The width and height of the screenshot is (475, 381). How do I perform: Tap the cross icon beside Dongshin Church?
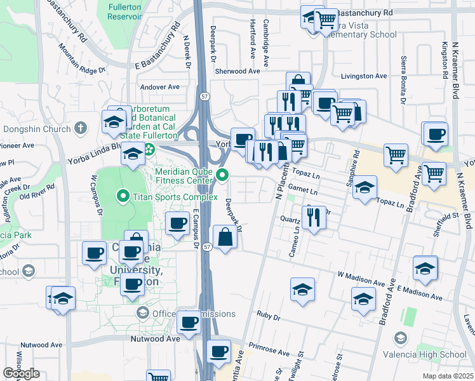point(79,128)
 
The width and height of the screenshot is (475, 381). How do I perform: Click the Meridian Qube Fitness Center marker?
point(222,175)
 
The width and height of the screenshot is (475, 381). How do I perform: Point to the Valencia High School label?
point(439,354)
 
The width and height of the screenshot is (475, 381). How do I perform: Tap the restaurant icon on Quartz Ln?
point(314,218)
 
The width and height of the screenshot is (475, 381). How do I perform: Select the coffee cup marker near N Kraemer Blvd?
point(436,135)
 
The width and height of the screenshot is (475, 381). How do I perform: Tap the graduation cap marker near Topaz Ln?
point(365,187)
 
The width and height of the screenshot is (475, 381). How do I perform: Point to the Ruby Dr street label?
point(264,314)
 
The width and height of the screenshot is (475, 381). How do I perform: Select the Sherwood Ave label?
point(237,72)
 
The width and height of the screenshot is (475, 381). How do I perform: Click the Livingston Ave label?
point(364,76)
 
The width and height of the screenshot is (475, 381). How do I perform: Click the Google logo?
point(21,373)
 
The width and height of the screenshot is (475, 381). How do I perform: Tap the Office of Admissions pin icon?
point(143,313)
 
